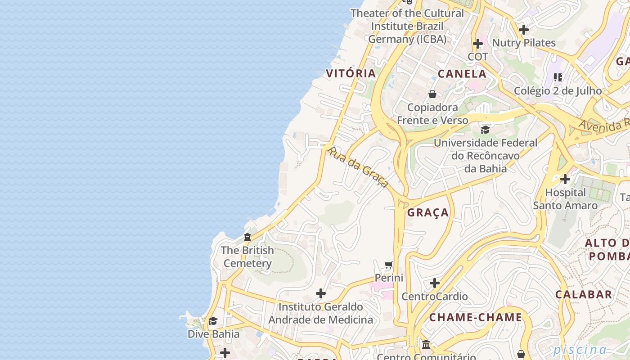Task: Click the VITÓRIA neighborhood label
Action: tap(351, 73)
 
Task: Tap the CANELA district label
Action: tap(462, 74)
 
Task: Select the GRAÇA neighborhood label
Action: tap(428, 212)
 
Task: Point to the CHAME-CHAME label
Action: tap(476, 317)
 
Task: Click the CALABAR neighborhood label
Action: tap(584, 295)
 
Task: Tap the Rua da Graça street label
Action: tap(358, 166)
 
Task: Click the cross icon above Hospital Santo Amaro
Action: tap(565, 179)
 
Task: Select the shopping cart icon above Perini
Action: tap(389, 265)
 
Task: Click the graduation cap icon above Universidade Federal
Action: tap(485, 130)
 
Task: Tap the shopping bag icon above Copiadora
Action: tap(432, 94)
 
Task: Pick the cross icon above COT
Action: tap(478, 44)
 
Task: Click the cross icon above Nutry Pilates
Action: tap(523, 30)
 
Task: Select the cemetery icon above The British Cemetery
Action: tap(247, 237)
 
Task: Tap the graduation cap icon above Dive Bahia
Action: tap(213, 321)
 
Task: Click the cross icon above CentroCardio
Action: tap(434, 283)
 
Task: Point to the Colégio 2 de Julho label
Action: tap(558, 90)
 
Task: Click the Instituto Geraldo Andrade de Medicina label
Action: tap(320, 313)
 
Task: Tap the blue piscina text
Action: tap(580, 350)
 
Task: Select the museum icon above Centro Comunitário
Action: tap(426, 345)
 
